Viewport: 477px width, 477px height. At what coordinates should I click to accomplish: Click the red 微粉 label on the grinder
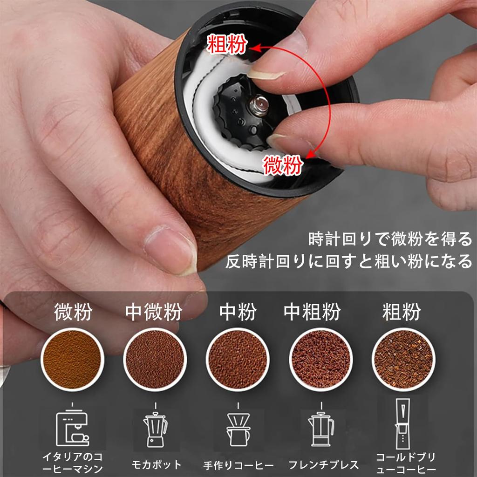(283, 165)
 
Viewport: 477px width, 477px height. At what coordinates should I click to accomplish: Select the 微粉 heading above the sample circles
(73, 312)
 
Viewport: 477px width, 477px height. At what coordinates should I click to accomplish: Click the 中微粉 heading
(154, 312)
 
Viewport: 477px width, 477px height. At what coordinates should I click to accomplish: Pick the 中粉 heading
(238, 312)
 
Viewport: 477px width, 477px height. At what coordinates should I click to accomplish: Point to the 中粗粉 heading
(312, 312)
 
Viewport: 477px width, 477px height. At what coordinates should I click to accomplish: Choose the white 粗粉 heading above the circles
(402, 312)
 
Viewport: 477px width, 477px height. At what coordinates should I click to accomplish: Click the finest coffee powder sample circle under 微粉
(72, 359)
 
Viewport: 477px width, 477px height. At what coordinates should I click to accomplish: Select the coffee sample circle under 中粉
(238, 359)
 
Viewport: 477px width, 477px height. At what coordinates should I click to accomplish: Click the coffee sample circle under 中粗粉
(320, 359)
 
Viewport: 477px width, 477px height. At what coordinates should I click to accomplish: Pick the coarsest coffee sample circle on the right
(403, 359)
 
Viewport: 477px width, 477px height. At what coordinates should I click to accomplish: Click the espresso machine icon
(72, 428)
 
